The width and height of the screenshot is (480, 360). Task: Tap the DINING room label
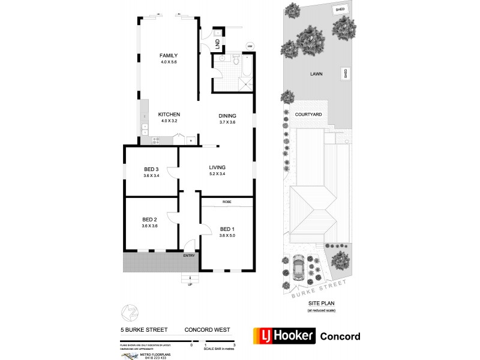(227, 116)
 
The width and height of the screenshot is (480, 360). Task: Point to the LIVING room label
(217, 167)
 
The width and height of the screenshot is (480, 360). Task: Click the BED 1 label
(227, 229)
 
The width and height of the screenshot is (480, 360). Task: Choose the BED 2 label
(150, 219)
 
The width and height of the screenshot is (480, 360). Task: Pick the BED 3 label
(151, 169)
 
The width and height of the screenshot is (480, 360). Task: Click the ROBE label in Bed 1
(226, 202)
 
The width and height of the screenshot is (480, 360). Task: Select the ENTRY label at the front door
(190, 256)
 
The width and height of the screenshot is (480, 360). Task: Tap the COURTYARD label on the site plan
(308, 114)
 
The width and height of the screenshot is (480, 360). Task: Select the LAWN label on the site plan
(316, 75)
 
